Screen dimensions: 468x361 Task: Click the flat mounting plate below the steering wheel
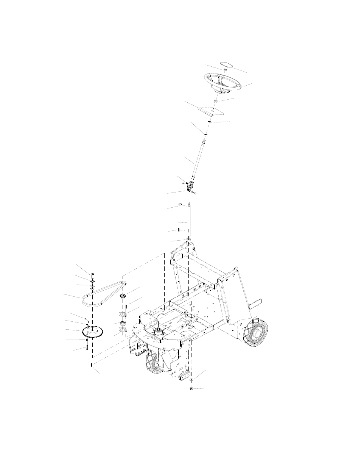click(x=210, y=111)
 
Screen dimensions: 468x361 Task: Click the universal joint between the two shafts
click(x=190, y=186)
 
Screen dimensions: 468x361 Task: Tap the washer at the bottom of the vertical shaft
click(x=188, y=240)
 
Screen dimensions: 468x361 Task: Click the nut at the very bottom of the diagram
click(x=191, y=389)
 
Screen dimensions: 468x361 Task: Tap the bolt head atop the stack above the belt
click(x=92, y=274)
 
